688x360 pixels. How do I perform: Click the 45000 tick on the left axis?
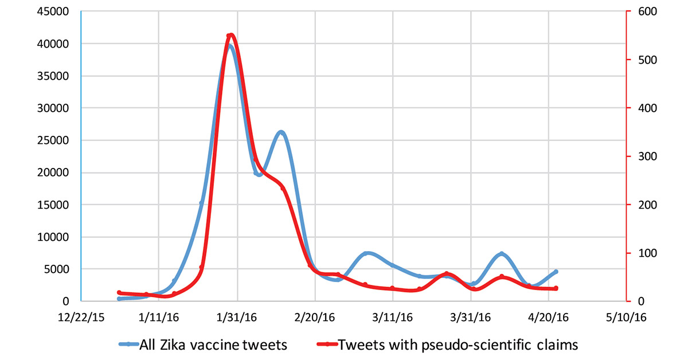coord(53,11)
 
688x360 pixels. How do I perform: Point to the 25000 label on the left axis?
coord(53,140)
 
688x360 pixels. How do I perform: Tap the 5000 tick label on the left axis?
coord(56,269)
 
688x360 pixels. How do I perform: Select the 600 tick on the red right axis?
coord(647,11)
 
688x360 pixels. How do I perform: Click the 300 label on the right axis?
coord(647,156)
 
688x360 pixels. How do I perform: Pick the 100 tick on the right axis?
coord(647,253)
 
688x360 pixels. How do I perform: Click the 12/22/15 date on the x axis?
coord(81,318)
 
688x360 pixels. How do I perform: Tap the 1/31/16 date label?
coord(236,318)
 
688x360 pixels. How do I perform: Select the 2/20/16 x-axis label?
coord(315,318)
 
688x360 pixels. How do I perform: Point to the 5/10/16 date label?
coord(626,318)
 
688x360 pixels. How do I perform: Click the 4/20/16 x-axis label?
coord(548,318)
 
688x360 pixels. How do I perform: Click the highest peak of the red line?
coord(231,35)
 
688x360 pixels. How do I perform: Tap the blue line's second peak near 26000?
coord(282,132)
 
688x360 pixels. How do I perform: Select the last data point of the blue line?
coord(556,272)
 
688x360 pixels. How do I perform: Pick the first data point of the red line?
coord(119,293)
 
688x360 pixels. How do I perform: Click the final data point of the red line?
coord(556,288)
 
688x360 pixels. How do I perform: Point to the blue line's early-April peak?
coord(502,254)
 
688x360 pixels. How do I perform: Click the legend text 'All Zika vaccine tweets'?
coord(213,345)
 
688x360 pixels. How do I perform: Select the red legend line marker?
coord(327,345)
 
